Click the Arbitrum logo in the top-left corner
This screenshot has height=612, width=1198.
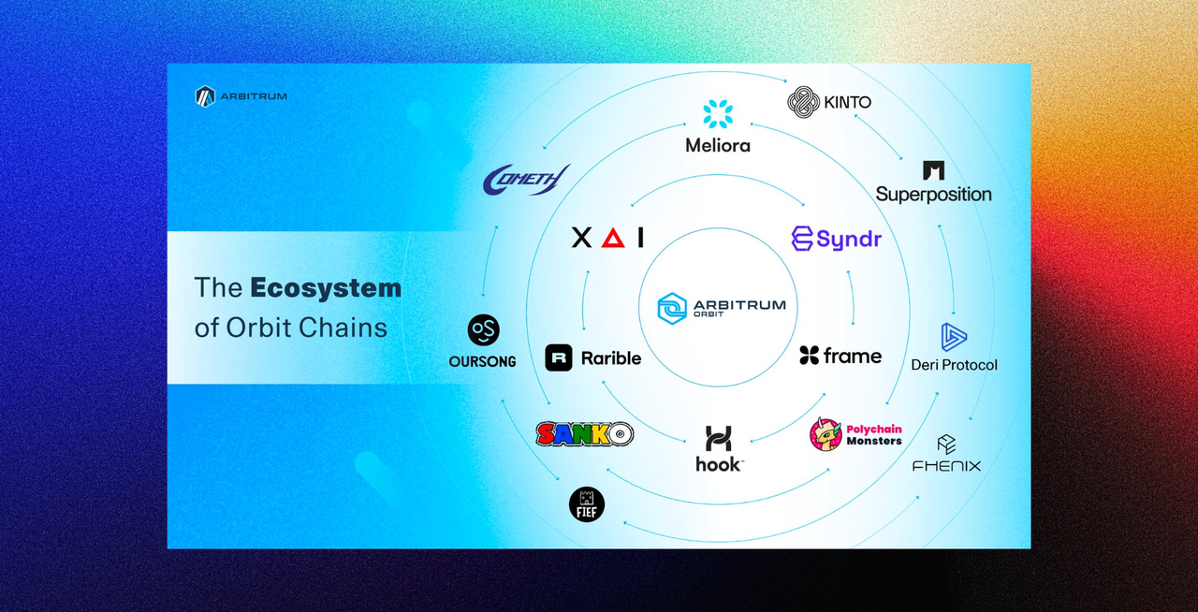(205, 96)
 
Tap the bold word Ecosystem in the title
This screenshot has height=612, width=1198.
(326, 287)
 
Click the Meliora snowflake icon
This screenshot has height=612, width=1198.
(718, 114)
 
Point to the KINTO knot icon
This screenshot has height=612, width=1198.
(803, 102)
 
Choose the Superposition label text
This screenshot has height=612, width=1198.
(933, 195)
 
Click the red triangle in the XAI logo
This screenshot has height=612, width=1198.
(613, 238)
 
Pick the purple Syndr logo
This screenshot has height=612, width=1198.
(836, 239)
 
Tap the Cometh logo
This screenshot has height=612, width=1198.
(527, 179)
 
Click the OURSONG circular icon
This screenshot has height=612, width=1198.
(483, 330)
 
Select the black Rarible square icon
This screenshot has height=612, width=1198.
(559, 357)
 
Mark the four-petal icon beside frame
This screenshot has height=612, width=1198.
(810, 356)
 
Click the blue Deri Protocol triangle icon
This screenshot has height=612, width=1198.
(954, 337)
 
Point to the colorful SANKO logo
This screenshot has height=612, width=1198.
(585, 433)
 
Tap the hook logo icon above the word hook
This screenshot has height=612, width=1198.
(718, 438)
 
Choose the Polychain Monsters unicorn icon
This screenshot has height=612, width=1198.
(825, 434)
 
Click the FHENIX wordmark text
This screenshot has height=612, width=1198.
(946, 465)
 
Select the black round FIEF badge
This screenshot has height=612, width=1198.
(587, 504)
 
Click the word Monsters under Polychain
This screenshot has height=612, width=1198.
(874, 441)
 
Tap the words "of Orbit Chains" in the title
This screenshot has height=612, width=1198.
(290, 328)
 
